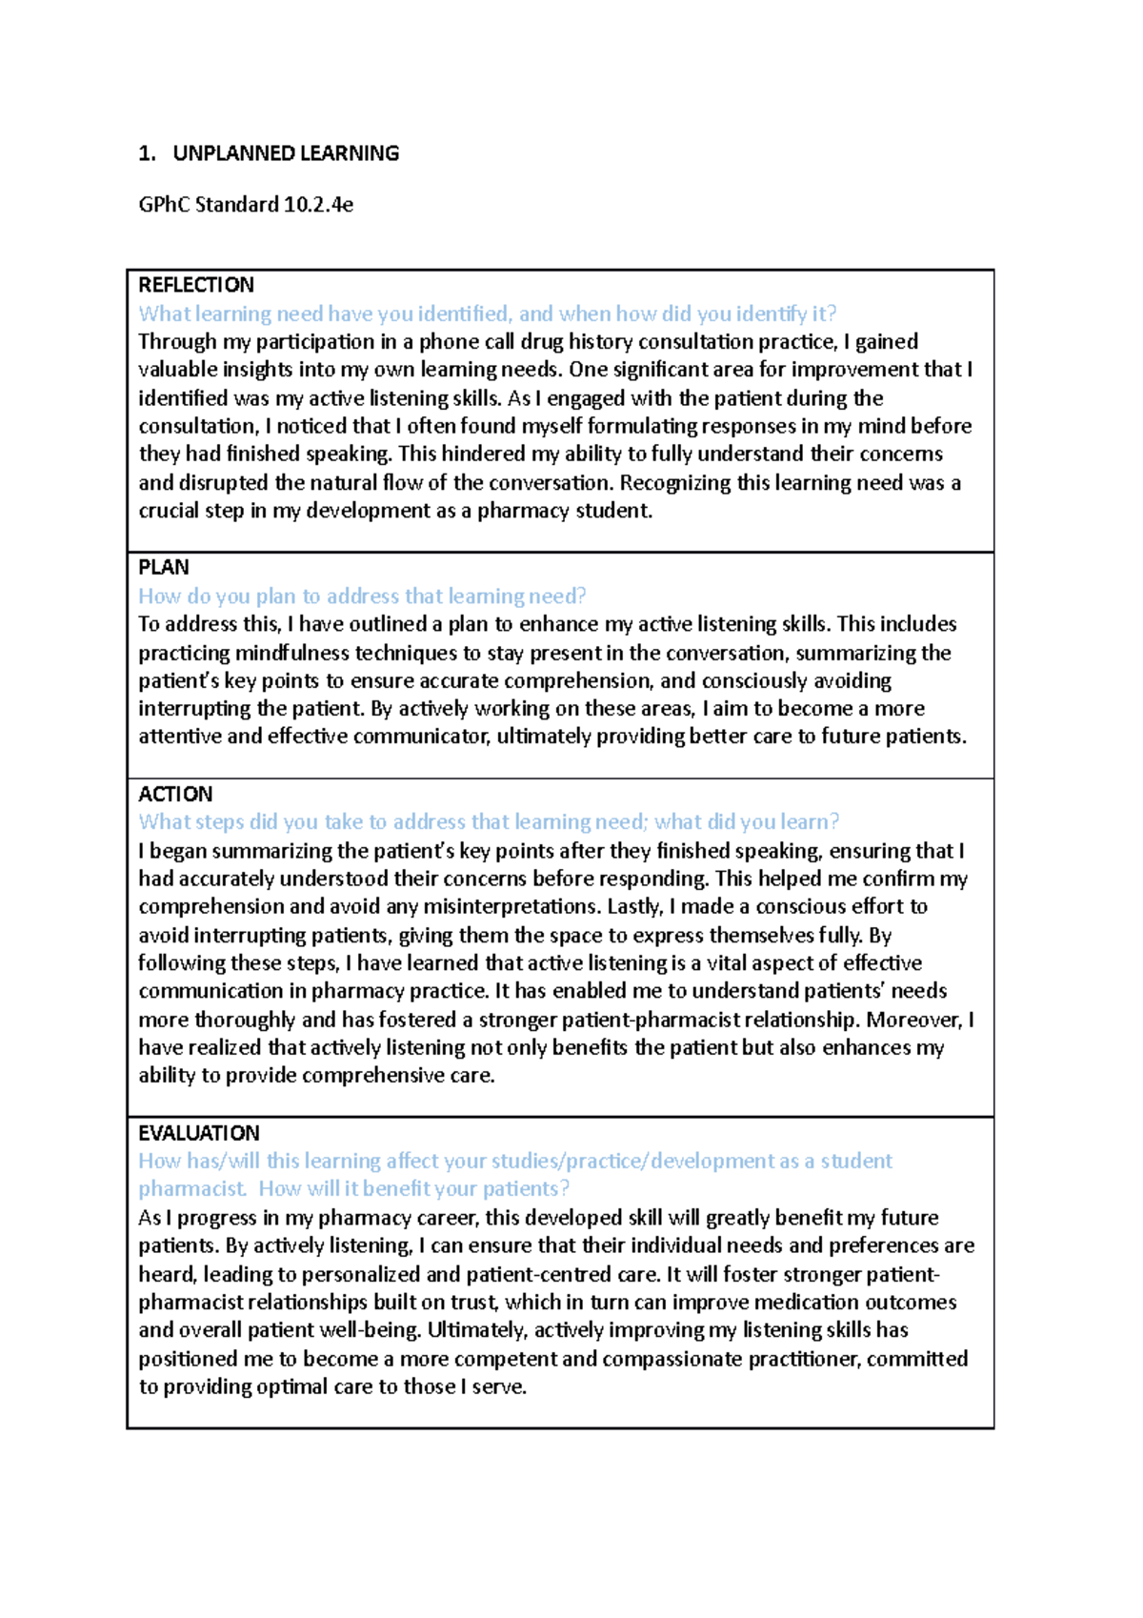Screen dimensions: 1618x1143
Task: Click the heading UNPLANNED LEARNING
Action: [x=285, y=153]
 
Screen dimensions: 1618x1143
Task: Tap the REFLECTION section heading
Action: [x=196, y=285]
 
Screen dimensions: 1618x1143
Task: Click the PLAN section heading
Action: [x=164, y=568]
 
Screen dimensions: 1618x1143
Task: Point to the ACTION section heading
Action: [x=175, y=794]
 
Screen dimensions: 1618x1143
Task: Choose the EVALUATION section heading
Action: [x=198, y=1133]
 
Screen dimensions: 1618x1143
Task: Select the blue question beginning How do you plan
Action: [x=362, y=597]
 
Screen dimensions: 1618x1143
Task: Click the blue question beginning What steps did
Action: [x=488, y=822]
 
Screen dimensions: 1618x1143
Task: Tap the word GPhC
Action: [x=164, y=204]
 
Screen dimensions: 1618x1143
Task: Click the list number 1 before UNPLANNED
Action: [x=145, y=153]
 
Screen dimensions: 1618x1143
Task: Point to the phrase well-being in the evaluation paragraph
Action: [x=376, y=1330]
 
